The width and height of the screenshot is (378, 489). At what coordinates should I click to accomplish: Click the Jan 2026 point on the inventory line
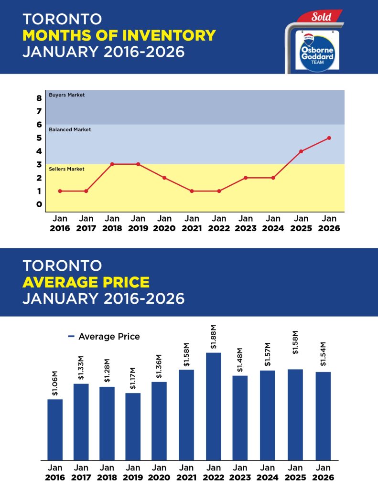tap(329, 138)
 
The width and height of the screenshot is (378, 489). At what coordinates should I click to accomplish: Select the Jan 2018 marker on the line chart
tap(112, 164)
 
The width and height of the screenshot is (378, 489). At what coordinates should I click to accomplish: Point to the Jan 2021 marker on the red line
tap(192, 191)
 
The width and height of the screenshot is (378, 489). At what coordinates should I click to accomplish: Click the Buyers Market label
tap(67, 95)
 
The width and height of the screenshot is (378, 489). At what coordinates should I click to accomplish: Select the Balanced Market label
tap(70, 129)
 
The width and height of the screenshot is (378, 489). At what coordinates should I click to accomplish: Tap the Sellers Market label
tap(67, 169)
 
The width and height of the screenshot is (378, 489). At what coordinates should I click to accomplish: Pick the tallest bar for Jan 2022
tap(214, 406)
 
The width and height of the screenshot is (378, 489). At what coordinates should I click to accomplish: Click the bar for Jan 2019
tap(133, 426)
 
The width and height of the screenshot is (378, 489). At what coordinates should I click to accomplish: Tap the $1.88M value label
tap(214, 337)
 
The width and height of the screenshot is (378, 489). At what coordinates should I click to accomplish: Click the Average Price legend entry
tap(104, 337)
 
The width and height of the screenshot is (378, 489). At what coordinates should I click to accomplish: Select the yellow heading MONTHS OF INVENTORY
tap(119, 35)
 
